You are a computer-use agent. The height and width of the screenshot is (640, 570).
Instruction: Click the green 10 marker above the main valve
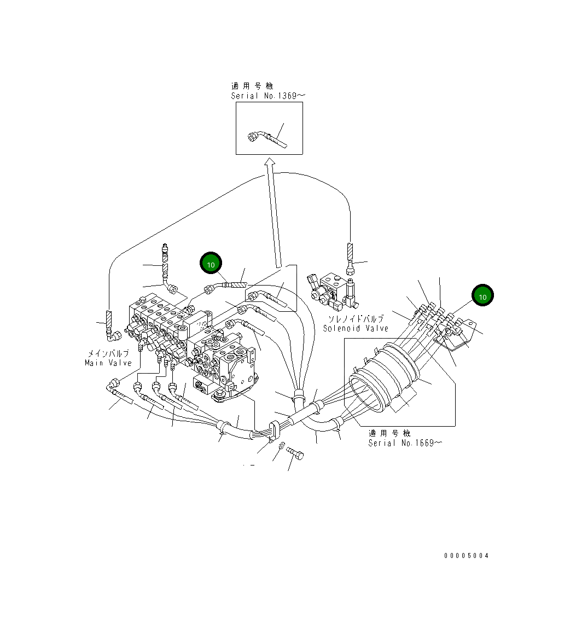pyautogui.click(x=211, y=264)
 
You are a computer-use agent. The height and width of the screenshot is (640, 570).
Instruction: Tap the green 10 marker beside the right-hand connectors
pyautogui.click(x=482, y=296)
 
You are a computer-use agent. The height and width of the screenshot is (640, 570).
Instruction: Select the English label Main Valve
pyautogui.click(x=108, y=363)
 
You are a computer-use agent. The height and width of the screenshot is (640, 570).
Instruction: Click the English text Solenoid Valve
pyautogui.click(x=356, y=328)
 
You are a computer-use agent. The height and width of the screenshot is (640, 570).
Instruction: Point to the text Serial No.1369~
pyautogui.click(x=268, y=96)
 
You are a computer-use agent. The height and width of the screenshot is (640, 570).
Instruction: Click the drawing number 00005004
pyautogui.click(x=466, y=556)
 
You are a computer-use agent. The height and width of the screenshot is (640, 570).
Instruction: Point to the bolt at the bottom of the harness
pyautogui.click(x=295, y=453)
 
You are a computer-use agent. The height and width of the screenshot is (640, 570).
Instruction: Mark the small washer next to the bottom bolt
pyautogui.click(x=281, y=447)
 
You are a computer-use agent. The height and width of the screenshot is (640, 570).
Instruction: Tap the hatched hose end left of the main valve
pyautogui.click(x=108, y=319)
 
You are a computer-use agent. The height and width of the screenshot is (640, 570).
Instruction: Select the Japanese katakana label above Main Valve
pyautogui.click(x=108, y=353)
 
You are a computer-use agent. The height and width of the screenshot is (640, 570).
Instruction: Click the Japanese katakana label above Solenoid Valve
pyautogui.click(x=356, y=318)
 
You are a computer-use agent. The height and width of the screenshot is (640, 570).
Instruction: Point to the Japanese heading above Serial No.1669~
pyautogui.click(x=389, y=433)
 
